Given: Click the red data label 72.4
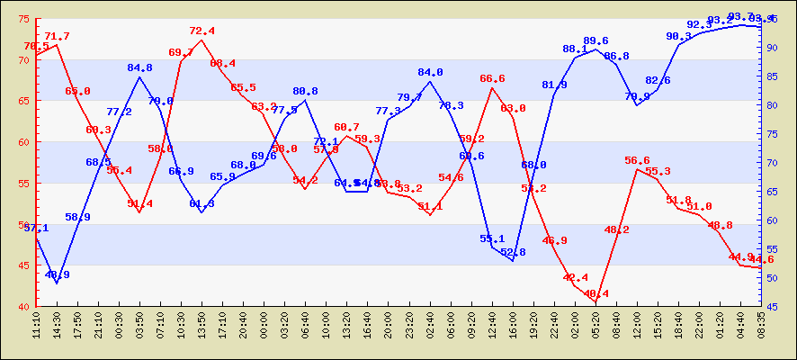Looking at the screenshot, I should [x=201, y=31].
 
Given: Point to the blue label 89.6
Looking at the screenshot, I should [x=596, y=41].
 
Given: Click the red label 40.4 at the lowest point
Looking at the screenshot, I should [x=596, y=294].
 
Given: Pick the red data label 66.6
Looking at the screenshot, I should [x=492, y=79].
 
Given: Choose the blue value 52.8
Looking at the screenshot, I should [x=513, y=253].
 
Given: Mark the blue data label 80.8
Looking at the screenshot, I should [x=305, y=92].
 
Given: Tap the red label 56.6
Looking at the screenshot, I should [x=637, y=161].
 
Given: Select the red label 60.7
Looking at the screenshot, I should [x=346, y=128].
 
